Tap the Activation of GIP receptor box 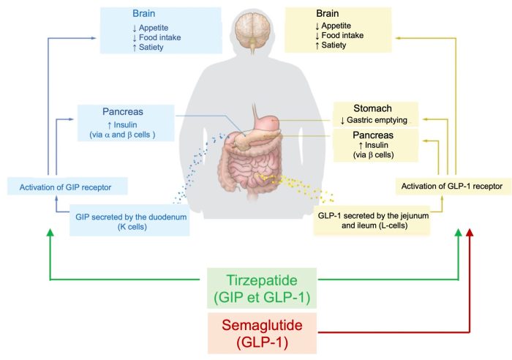pos(68,187)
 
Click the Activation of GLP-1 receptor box pos(452,186)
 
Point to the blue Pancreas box pos(126,121)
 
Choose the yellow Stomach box pos(375,113)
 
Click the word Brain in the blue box pos(143,13)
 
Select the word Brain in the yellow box pos(328,13)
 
